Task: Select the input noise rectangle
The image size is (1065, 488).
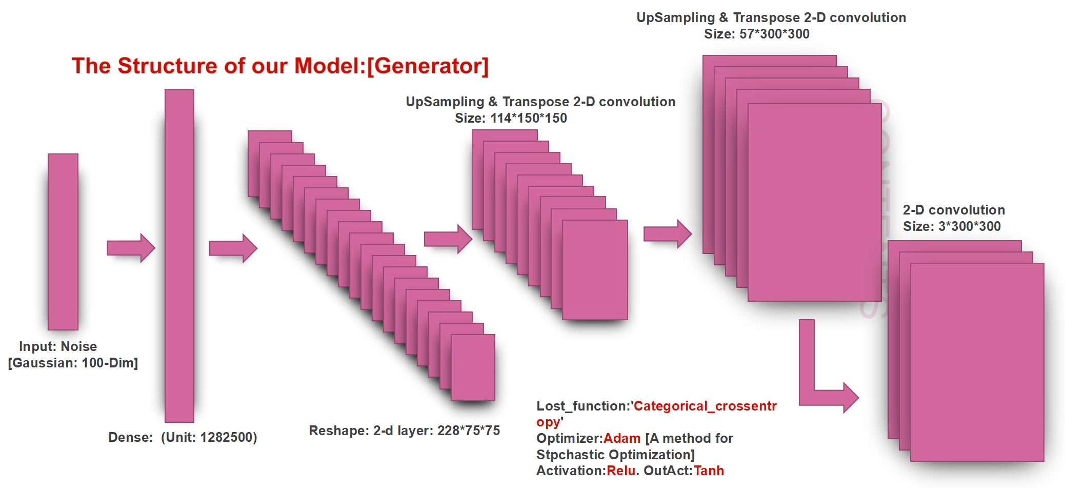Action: pyautogui.click(x=63, y=241)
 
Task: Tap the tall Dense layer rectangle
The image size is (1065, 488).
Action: pyautogui.click(x=179, y=256)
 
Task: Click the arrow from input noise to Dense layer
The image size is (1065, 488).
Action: pyautogui.click(x=131, y=248)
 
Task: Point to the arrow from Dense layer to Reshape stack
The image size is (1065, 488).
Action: pyautogui.click(x=233, y=248)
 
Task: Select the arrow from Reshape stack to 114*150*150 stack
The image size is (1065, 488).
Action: pyautogui.click(x=448, y=239)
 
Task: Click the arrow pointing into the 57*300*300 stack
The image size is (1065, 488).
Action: pyautogui.click(x=668, y=234)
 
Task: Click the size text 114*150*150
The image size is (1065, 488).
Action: pyautogui.click(x=529, y=118)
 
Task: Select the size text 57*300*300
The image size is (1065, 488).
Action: pyautogui.click(x=774, y=34)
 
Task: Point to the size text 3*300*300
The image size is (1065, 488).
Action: pyautogui.click(x=969, y=226)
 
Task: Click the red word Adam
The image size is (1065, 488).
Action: pyautogui.click(x=622, y=438)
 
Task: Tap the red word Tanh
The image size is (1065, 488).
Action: pyautogui.click(x=709, y=471)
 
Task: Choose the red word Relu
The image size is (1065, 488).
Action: pyautogui.click(x=621, y=471)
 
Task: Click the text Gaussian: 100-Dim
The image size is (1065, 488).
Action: pyautogui.click(x=73, y=363)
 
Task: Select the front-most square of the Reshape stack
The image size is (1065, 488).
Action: pyautogui.click(x=473, y=367)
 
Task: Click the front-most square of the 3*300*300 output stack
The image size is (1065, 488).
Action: pyautogui.click(x=977, y=362)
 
